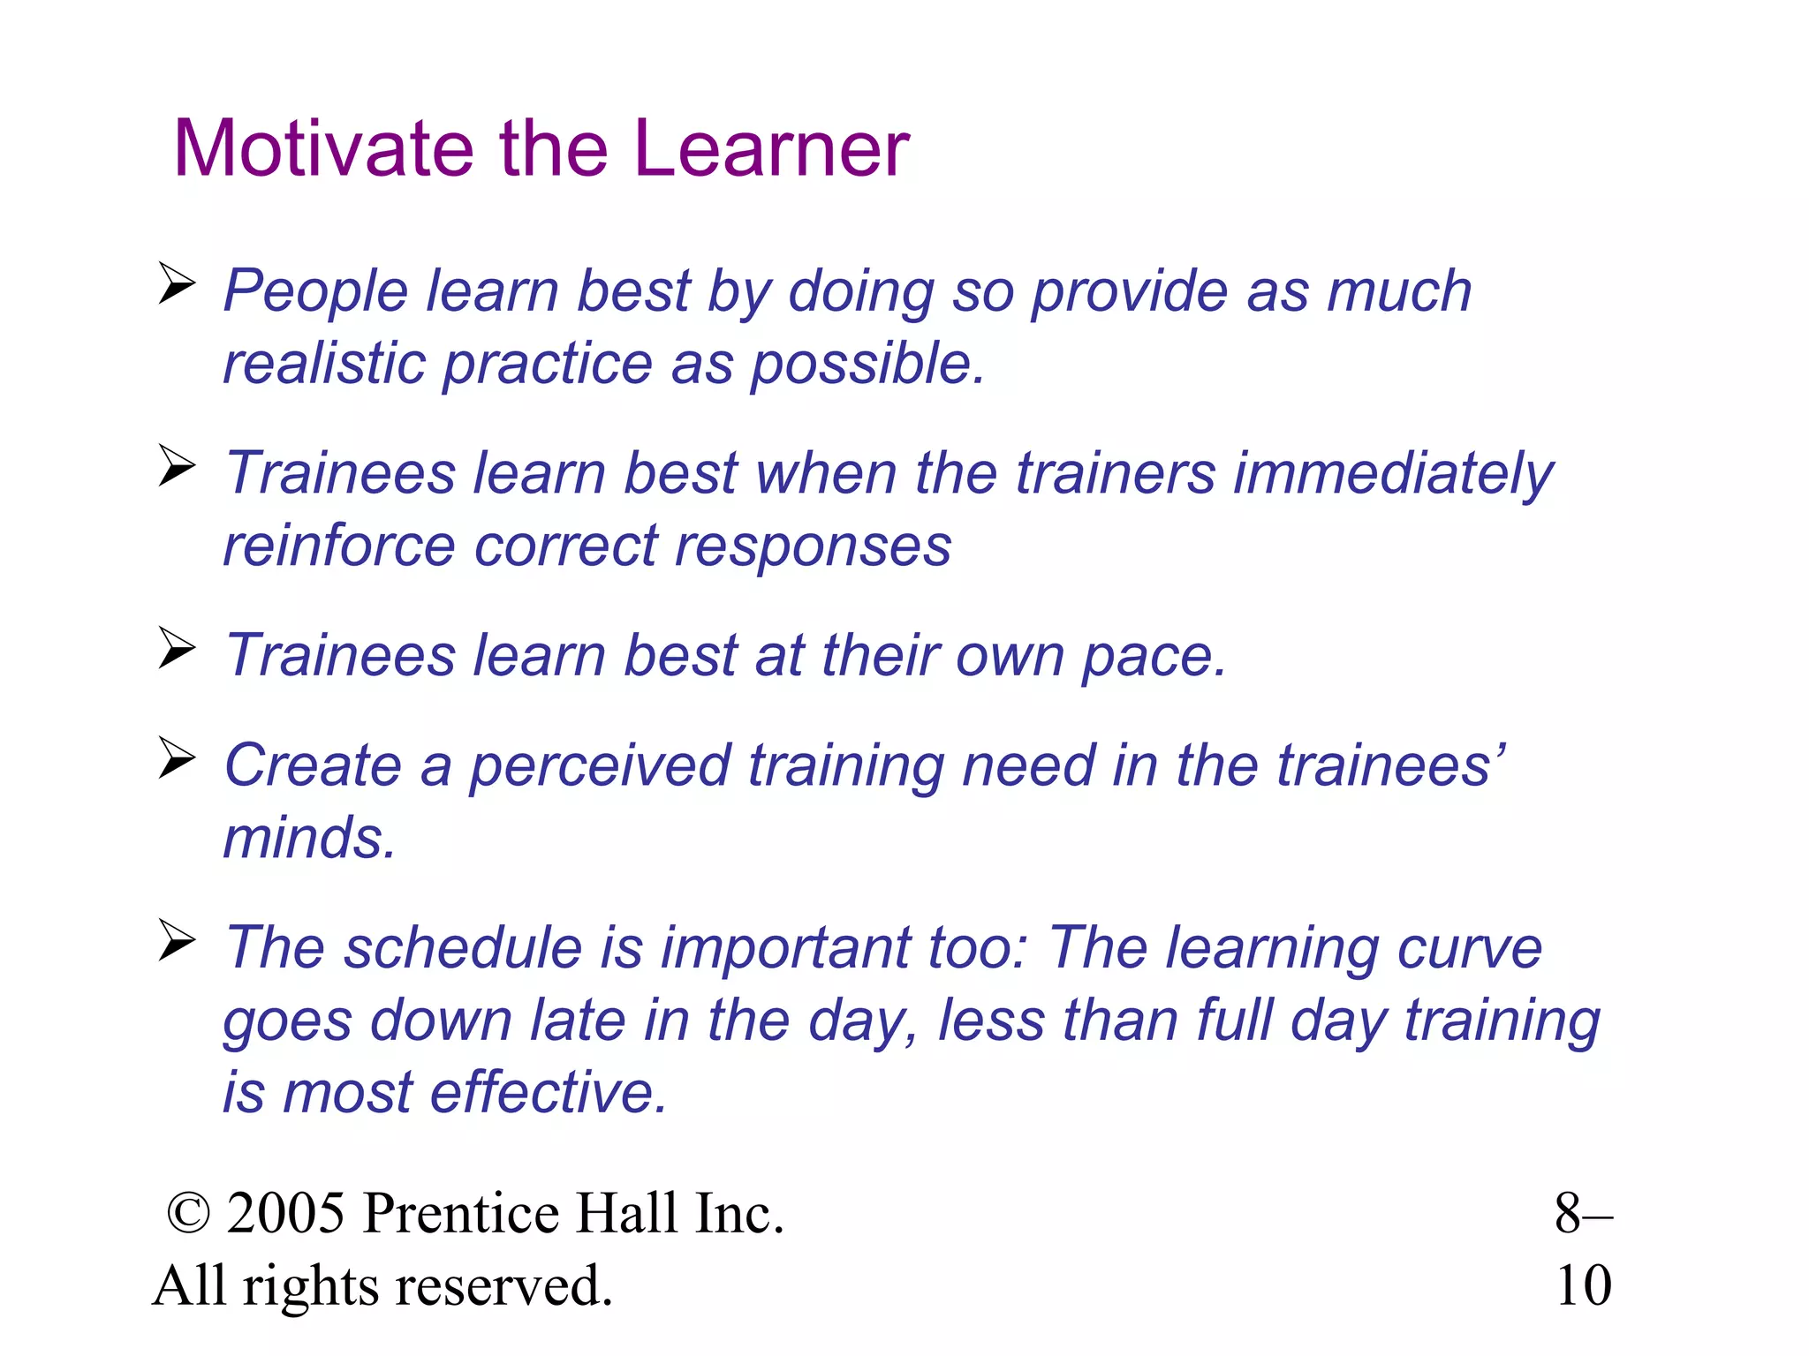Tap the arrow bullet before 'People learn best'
point(177,283)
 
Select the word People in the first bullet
point(314,291)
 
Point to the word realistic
point(323,363)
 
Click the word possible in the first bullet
point(866,365)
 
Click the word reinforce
point(339,546)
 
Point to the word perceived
point(599,765)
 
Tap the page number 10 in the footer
point(1583,1285)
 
